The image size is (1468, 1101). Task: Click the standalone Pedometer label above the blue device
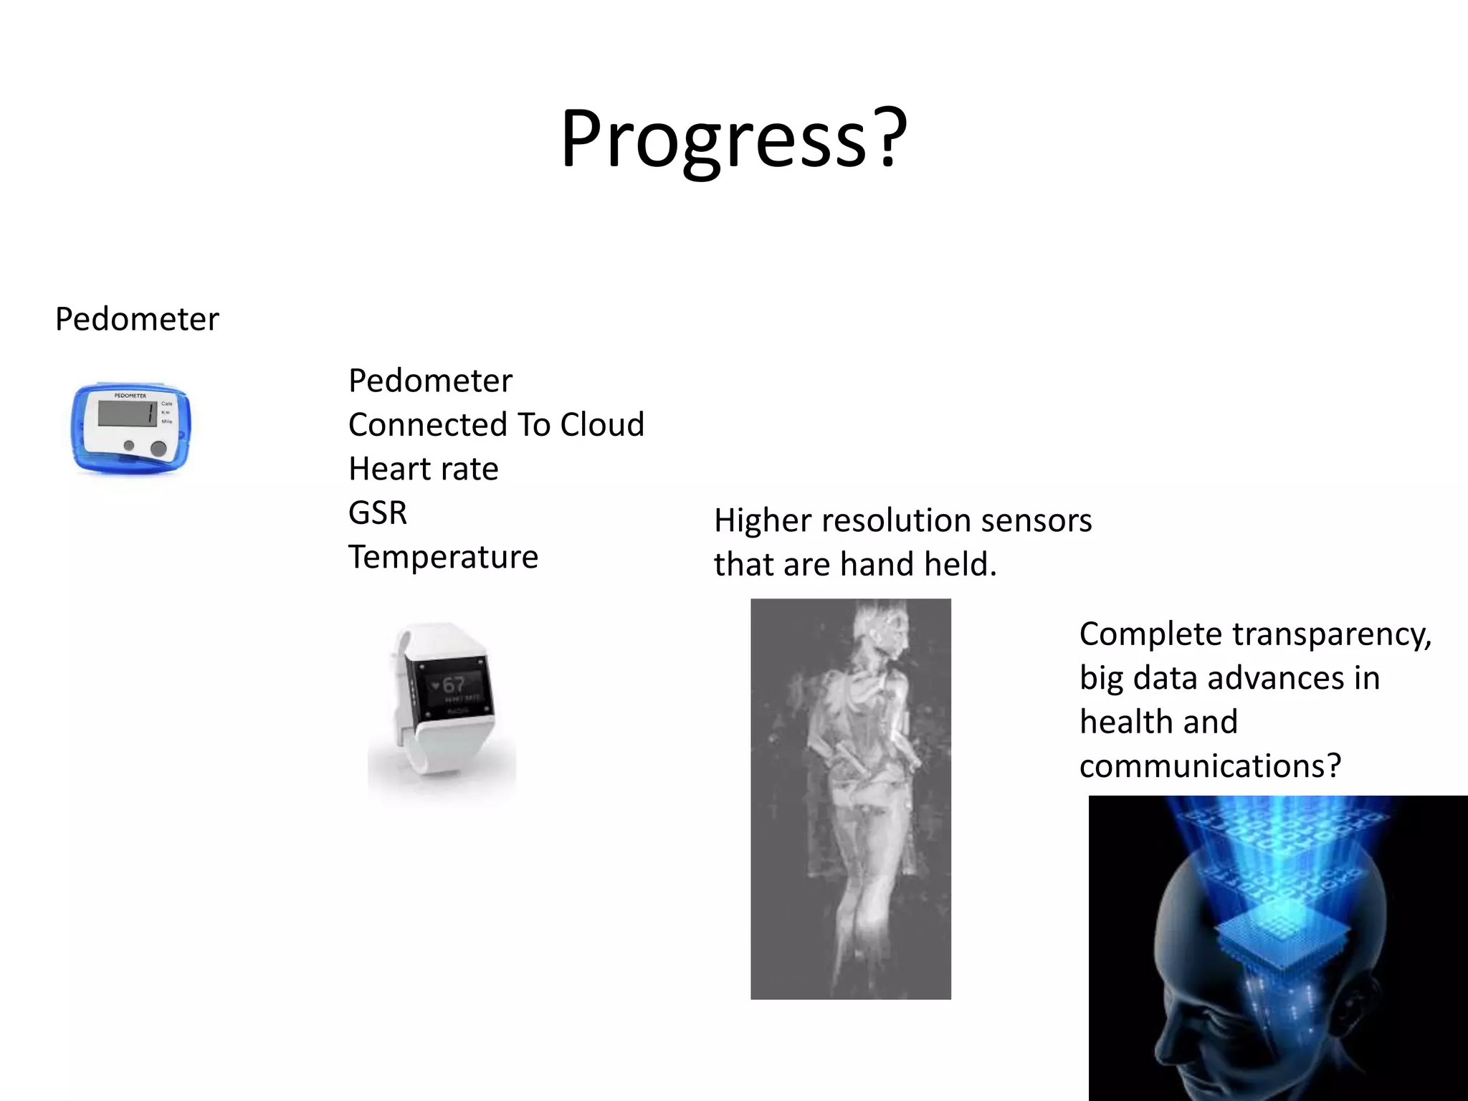137,319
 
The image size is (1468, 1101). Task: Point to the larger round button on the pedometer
158,449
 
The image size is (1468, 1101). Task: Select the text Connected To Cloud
496,424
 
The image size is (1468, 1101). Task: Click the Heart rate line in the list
423,469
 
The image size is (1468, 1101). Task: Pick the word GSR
378,513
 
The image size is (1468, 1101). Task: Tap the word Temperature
443,557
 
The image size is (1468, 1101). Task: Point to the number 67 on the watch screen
454,685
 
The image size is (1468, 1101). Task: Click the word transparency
1331,634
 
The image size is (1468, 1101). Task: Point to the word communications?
1210,766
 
